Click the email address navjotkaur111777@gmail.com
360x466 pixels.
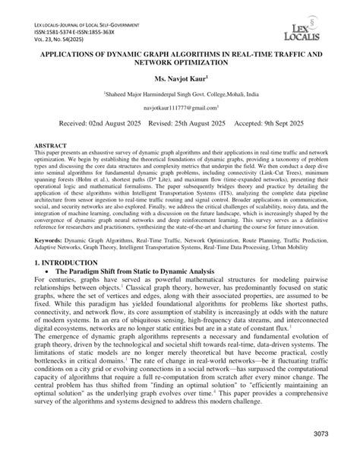pos(180,109)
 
